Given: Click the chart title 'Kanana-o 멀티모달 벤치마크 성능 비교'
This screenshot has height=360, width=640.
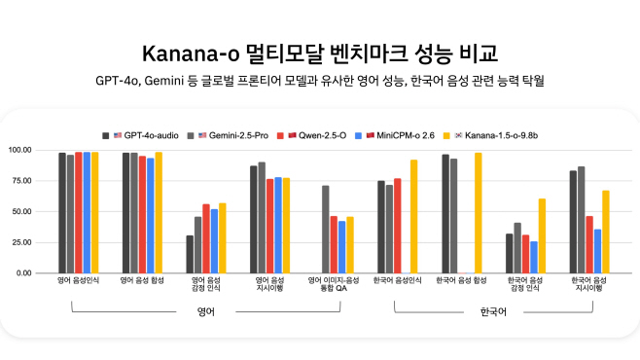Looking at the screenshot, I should (319, 52).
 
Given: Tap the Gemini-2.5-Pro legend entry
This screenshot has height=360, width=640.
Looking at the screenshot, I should (236, 134).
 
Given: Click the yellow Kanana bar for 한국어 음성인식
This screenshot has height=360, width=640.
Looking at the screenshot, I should (413, 217).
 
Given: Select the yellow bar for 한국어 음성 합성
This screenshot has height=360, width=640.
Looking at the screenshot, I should (478, 213).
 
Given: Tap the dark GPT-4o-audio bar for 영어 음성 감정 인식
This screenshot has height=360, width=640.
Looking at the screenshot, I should (190, 254).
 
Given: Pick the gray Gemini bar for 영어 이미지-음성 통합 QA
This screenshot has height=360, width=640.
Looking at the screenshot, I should (325, 230).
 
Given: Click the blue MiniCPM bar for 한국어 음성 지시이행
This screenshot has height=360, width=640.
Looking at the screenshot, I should (597, 251).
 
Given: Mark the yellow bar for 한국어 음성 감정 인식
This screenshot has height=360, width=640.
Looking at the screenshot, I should (541, 235).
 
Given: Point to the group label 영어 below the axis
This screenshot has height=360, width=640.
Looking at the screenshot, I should (204, 311).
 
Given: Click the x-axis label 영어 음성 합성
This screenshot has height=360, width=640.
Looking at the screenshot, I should (142, 281).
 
